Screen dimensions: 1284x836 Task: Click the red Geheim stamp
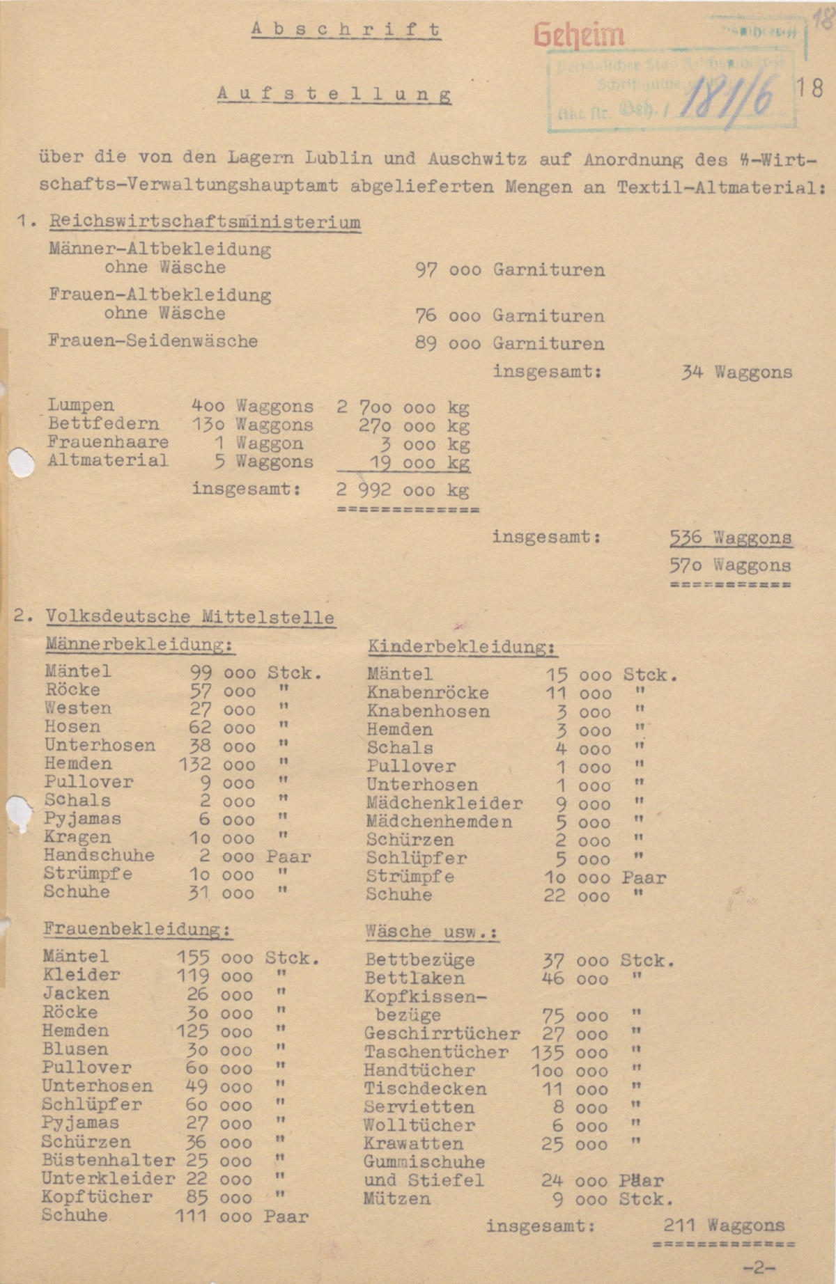579,35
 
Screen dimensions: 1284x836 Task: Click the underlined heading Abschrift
346,29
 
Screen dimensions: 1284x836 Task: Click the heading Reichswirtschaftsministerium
205,223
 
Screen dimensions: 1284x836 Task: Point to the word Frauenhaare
108,442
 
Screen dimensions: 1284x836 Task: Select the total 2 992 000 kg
402,490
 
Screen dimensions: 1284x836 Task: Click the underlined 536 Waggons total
730,538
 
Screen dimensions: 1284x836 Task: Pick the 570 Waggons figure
730,565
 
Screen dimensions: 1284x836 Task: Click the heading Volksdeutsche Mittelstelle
190,617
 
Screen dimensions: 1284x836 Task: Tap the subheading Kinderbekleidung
461,647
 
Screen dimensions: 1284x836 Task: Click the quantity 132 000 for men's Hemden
217,765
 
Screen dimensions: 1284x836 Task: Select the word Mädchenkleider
444,804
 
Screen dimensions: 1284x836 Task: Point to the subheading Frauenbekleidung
137,930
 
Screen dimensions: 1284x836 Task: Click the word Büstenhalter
108,1161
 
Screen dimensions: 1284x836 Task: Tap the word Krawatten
413,1144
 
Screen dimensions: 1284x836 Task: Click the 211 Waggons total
724,1226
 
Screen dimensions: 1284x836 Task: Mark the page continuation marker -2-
759,1268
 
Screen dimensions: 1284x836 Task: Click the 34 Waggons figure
736,373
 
